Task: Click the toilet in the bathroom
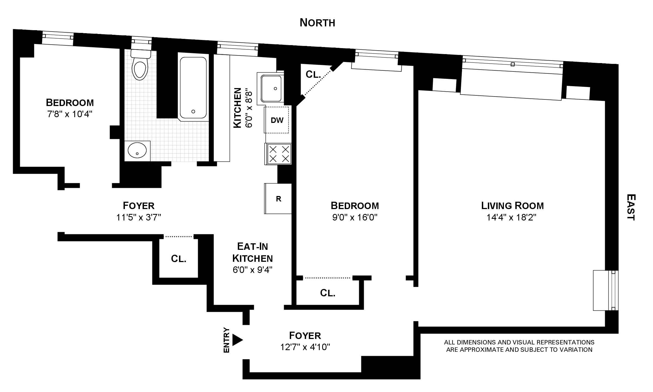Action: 140,67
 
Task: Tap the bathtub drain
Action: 193,111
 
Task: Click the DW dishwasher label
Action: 277,120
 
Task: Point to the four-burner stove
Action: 279,154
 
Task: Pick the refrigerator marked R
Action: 278,199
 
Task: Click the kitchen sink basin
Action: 271,88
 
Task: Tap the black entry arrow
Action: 237,340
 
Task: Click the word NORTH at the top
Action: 317,23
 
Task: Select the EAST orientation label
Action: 631,207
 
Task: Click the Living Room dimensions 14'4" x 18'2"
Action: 512,217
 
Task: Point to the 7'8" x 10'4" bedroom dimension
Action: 70,114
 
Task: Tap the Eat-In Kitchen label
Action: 252,252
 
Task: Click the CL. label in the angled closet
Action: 313,74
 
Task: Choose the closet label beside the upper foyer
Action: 178,259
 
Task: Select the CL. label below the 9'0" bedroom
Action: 328,293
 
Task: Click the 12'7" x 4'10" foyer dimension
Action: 305,347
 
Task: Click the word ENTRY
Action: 226,340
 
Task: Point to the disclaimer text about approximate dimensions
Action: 519,346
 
